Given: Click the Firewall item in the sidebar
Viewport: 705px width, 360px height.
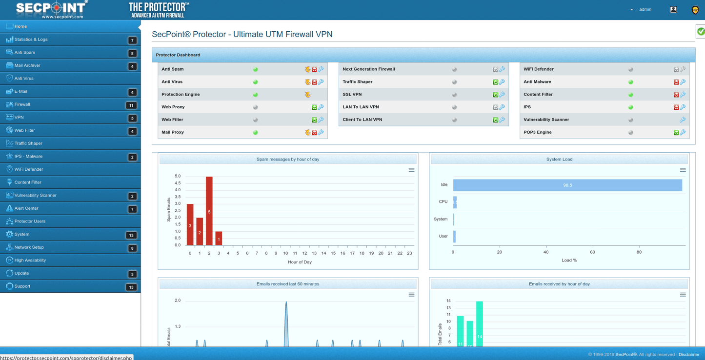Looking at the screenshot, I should coord(22,104).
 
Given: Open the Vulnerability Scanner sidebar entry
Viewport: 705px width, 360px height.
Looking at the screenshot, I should coord(35,195).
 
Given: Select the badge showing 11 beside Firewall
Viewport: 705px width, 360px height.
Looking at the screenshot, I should coord(131,105).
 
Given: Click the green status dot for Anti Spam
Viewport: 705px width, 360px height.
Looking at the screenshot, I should coord(255,70).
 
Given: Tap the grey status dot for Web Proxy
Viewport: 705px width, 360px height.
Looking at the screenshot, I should coord(255,107).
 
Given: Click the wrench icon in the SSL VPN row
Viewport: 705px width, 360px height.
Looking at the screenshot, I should coord(502,95).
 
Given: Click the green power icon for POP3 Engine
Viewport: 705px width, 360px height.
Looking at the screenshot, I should coord(676,133).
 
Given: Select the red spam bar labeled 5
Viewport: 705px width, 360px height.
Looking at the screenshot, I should coord(209,211).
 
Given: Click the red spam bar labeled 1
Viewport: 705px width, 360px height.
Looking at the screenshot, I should coord(219,238).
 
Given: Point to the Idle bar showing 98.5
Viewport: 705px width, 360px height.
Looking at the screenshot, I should coord(567,185).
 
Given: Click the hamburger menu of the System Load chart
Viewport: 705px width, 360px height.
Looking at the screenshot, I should coord(683,170).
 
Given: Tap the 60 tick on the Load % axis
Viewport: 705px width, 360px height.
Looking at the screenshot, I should coord(592,252).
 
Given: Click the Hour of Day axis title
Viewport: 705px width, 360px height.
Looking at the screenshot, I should coord(300,262).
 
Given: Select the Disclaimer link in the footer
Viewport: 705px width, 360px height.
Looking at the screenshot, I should coord(688,355).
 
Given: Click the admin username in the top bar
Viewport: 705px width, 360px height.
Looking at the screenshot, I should coord(645,9).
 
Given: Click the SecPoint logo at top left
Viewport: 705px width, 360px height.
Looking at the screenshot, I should coord(51,9).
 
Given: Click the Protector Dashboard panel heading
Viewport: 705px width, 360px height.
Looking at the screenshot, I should coord(178,55).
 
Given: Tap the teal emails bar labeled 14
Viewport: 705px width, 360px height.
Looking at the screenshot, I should coord(480,324).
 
